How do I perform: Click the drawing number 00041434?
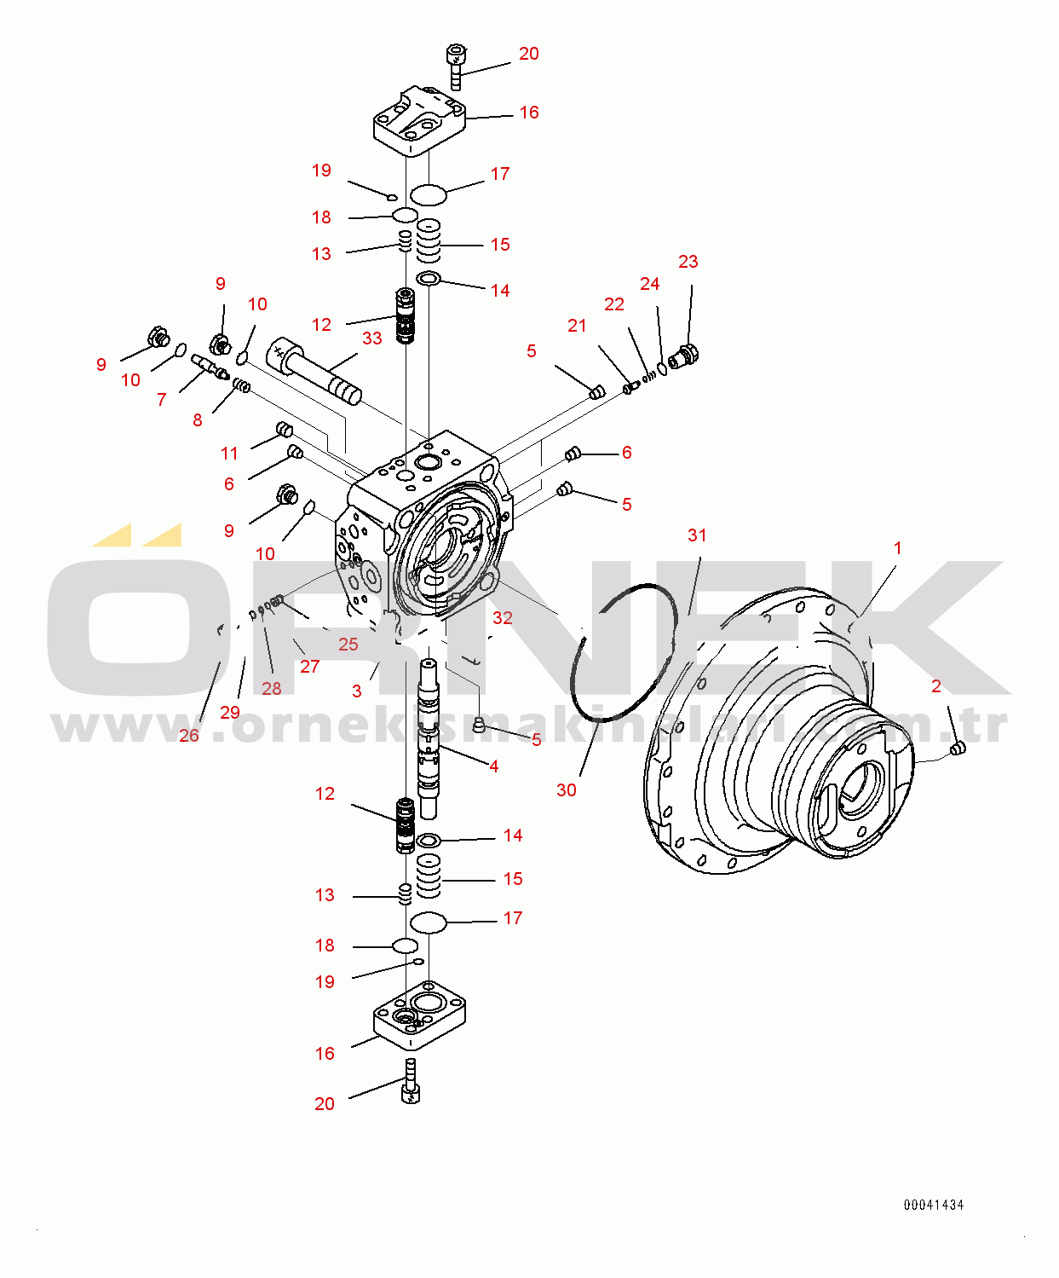point(934,1205)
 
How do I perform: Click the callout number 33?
point(372,338)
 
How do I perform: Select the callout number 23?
point(688,262)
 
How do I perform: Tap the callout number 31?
point(698,535)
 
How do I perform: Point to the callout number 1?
point(897,548)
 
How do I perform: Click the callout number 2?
point(936,686)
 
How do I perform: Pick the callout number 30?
point(567,789)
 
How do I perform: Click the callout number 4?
point(493,766)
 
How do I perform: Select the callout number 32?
point(503,617)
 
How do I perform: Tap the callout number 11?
point(229,454)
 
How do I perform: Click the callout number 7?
point(162,400)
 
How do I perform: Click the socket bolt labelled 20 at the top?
point(455,67)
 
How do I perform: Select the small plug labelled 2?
point(958,748)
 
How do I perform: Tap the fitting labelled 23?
point(685,356)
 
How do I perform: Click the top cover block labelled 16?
point(420,122)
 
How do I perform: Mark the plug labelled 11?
point(285,430)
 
